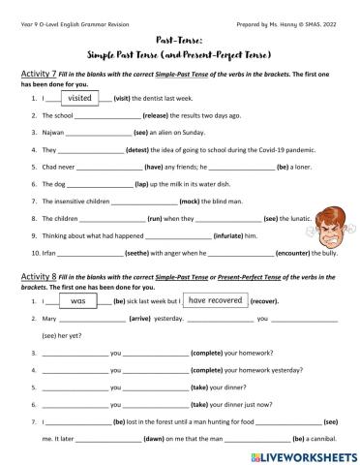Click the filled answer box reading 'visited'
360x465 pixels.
[x=80, y=98]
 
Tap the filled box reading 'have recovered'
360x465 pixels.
[x=219, y=301]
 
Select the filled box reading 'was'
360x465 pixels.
[x=79, y=301]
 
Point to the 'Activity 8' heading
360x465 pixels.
[x=41, y=278]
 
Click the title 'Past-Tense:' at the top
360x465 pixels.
[x=179, y=30]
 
